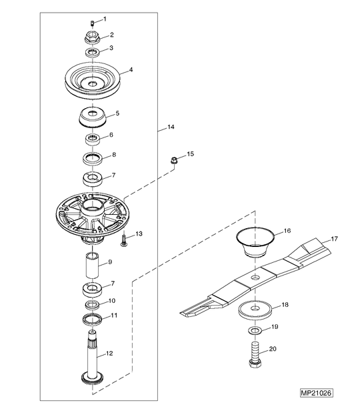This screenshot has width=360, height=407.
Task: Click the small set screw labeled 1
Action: (93, 23)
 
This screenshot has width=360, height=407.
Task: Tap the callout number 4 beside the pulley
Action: (131, 70)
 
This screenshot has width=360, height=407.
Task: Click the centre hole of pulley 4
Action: (93, 83)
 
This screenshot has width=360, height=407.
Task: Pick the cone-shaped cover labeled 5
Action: (93, 118)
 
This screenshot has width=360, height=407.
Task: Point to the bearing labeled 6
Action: (93, 139)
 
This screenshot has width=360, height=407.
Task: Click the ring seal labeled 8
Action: (93, 158)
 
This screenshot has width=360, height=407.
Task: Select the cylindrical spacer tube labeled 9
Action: (93, 266)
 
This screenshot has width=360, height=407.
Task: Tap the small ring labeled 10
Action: (93, 304)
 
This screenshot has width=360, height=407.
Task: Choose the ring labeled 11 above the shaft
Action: (93, 320)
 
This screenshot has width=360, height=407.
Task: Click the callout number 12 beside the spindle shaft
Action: (109, 353)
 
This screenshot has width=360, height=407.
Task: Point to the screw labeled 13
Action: (124, 240)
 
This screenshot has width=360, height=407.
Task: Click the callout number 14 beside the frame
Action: (171, 127)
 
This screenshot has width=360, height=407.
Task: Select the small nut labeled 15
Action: (174, 160)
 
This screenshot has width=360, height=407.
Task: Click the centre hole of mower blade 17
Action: (255, 278)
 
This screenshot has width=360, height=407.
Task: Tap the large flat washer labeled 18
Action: (255, 310)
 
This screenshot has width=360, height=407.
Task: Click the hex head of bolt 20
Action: (255, 362)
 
